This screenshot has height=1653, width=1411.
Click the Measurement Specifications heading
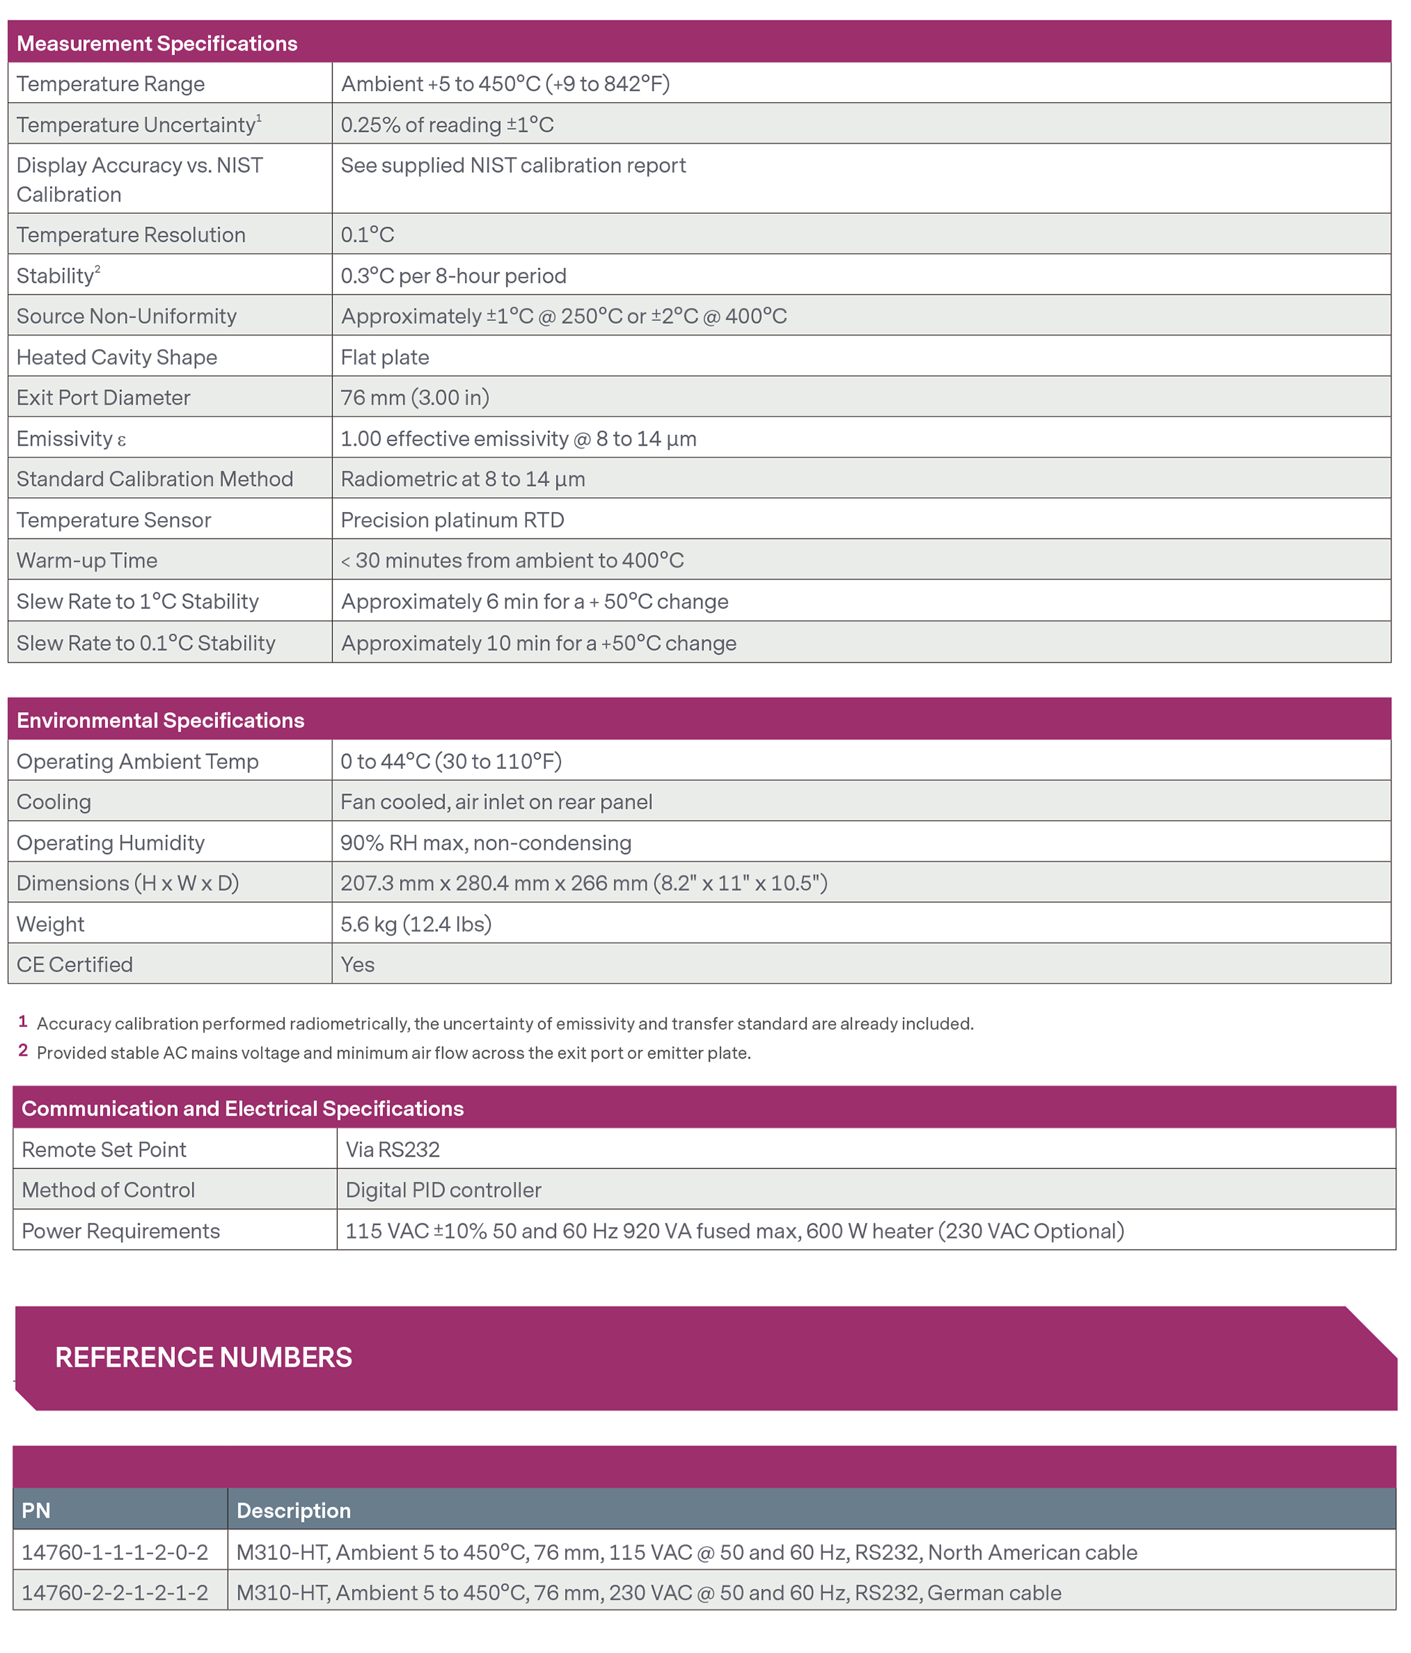157,43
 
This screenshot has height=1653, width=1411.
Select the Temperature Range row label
110,84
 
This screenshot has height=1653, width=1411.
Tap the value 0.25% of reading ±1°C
446,124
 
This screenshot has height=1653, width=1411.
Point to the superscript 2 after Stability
97,269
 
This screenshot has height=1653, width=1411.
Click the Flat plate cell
384,357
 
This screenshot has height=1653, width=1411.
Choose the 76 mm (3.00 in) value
414,397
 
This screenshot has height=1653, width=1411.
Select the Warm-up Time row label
87,560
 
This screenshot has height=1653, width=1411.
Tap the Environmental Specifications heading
160,721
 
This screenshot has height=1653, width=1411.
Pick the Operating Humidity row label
110,843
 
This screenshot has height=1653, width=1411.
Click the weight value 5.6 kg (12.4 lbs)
415,924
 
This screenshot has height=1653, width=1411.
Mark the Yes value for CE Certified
357,965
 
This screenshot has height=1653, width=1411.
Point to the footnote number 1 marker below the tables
23,1021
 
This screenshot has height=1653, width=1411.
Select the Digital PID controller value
443,1190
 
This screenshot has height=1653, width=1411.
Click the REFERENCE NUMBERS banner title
203,1357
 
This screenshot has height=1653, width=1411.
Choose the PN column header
36,1511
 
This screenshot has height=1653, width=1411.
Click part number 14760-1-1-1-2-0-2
114,1551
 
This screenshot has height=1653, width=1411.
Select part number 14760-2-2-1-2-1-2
114,1592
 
